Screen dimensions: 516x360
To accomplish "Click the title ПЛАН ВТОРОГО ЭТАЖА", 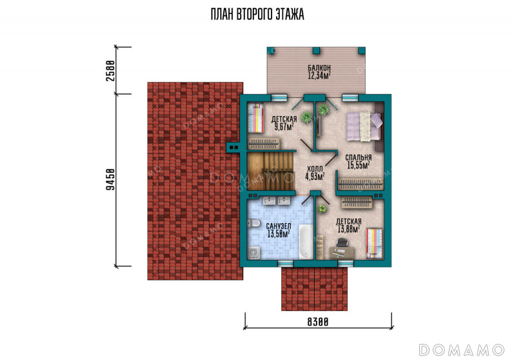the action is (x=257, y=14).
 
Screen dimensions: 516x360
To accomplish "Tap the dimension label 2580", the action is (x=111, y=71).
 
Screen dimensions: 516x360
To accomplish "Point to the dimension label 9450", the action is (x=111, y=179).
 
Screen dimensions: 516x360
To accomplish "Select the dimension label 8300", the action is (x=318, y=321).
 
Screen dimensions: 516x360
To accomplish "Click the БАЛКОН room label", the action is (x=319, y=68).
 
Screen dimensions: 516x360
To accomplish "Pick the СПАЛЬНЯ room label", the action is (x=359, y=157).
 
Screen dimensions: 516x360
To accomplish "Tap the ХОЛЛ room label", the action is (x=315, y=169).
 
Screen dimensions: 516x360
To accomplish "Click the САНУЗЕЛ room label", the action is (x=279, y=226).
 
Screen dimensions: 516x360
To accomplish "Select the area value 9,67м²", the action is (x=284, y=126).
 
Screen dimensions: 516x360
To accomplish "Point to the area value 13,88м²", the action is (x=348, y=229).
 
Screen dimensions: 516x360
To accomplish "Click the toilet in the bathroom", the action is (x=253, y=223).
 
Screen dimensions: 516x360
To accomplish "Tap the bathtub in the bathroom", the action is (x=306, y=241).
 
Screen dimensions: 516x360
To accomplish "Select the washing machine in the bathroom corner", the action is (x=253, y=253).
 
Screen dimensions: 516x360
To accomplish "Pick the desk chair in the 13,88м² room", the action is (x=342, y=243).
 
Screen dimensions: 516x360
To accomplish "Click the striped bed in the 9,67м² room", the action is (x=255, y=118).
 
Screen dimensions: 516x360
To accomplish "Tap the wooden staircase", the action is (x=270, y=171).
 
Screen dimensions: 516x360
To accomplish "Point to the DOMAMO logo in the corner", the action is (x=462, y=350).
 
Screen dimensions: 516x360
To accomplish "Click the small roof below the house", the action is (x=314, y=288).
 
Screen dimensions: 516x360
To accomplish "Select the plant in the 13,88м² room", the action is (x=322, y=208).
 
